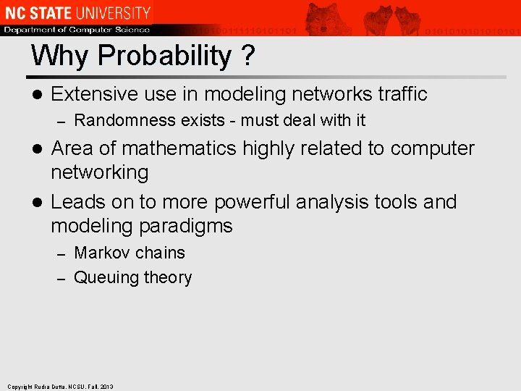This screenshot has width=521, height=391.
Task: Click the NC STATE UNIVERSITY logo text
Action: click(x=77, y=13)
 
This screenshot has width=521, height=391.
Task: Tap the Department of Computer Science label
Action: click(x=77, y=30)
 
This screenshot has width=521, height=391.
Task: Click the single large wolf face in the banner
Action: click(x=323, y=17)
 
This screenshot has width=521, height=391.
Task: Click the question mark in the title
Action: click(x=247, y=56)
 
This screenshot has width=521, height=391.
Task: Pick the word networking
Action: click(x=99, y=172)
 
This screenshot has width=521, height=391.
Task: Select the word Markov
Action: click(x=101, y=253)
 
